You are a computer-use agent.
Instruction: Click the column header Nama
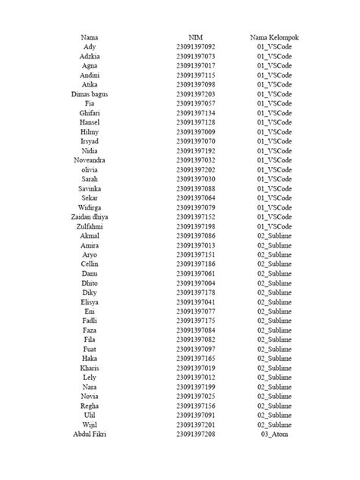click(x=90, y=37)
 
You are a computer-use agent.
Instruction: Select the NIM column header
click(x=195, y=37)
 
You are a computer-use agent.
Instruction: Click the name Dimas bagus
click(x=90, y=93)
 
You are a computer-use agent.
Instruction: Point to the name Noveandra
click(x=90, y=159)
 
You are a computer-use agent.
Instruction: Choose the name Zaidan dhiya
click(x=90, y=216)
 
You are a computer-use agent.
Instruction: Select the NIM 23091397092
click(x=195, y=47)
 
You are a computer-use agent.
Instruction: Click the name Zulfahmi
click(x=90, y=226)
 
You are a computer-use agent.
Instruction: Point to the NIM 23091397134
click(x=195, y=112)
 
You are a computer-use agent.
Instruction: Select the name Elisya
click(x=90, y=302)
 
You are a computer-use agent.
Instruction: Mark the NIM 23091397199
click(x=195, y=387)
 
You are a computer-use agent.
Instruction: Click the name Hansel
click(x=90, y=122)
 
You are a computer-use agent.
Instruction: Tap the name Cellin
click(x=90, y=264)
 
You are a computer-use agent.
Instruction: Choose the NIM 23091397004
click(x=195, y=283)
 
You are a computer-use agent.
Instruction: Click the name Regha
click(x=90, y=406)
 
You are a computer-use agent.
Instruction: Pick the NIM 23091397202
click(x=195, y=169)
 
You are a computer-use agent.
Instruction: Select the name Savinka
click(x=90, y=188)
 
